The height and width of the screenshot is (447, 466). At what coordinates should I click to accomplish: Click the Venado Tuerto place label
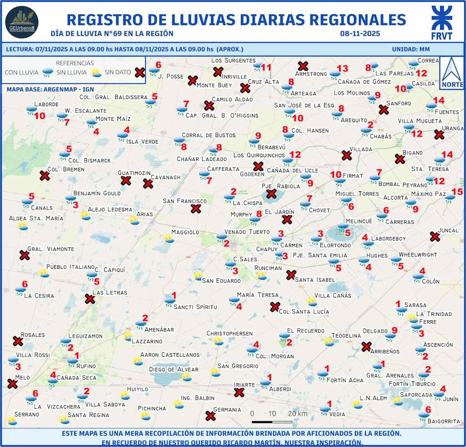(247, 231)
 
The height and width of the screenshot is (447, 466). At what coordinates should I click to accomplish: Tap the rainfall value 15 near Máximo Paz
(456, 192)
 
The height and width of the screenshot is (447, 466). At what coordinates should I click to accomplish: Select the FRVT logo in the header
(441, 23)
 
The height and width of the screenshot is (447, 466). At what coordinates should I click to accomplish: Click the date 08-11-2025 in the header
(360, 34)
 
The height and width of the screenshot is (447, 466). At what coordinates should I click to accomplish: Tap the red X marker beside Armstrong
(303, 66)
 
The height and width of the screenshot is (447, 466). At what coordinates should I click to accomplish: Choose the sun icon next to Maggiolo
(169, 238)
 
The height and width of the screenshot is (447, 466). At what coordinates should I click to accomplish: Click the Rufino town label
(86, 366)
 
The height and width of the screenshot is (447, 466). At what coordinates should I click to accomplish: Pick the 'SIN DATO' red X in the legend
(140, 72)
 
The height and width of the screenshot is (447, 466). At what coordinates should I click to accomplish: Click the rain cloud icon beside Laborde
(31, 109)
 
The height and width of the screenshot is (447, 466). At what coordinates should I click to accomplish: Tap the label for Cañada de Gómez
(364, 82)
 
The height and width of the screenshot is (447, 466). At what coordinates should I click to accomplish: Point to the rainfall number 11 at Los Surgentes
(266, 68)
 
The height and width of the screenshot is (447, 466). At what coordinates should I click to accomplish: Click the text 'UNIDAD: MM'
(410, 49)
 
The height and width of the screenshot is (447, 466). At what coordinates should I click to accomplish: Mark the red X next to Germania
(210, 416)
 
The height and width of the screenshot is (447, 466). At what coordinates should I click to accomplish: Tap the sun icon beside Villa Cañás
(311, 301)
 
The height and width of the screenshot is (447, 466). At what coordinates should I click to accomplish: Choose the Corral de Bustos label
(208, 135)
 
